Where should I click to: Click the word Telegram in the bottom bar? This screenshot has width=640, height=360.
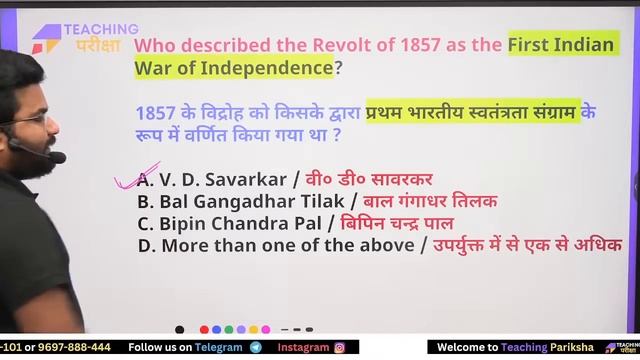tap(221, 347)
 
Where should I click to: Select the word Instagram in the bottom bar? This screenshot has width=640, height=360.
tap(303, 347)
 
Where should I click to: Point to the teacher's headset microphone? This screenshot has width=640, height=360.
tap(58, 157)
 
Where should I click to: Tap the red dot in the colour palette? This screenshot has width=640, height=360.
tap(204, 329)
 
